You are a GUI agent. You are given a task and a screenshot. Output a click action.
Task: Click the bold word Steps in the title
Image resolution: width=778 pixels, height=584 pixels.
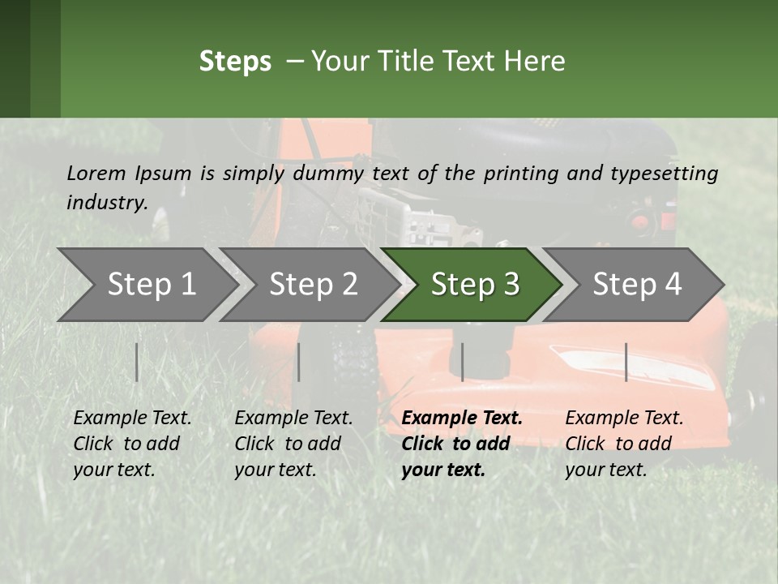pyautogui.click(x=235, y=62)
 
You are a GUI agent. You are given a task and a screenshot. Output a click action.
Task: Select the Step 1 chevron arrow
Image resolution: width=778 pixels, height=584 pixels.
pyautogui.click(x=147, y=285)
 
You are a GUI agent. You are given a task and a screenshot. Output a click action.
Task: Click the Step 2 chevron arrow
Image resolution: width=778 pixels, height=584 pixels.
pyautogui.click(x=309, y=285)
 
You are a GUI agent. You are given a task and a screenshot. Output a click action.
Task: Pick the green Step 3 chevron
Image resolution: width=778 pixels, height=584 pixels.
pyautogui.click(x=471, y=285)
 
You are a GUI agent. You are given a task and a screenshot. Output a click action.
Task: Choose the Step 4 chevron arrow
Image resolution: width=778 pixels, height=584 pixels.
pyautogui.click(x=633, y=285)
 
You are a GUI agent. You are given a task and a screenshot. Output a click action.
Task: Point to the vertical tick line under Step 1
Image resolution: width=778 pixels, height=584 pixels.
pyautogui.click(x=136, y=362)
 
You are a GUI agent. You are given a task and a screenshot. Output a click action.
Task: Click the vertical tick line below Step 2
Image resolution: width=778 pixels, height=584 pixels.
pyautogui.click(x=299, y=362)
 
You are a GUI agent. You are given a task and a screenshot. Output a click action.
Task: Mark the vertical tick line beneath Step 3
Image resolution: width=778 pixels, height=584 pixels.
pyautogui.click(x=463, y=362)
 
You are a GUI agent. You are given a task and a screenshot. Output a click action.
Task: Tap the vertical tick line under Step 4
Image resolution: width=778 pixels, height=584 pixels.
pyautogui.click(x=626, y=362)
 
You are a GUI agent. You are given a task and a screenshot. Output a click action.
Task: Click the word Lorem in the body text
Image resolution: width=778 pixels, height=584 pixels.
pyautogui.click(x=96, y=174)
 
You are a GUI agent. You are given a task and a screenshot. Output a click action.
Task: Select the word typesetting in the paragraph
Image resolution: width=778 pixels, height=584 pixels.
pyautogui.click(x=665, y=174)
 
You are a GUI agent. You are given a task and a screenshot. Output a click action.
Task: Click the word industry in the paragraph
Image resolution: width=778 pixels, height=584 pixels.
pyautogui.click(x=106, y=203)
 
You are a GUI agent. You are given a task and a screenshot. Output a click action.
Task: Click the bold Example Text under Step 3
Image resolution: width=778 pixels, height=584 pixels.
pyautogui.click(x=462, y=418)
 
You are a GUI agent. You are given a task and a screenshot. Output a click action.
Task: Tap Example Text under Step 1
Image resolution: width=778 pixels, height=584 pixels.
pyautogui.click(x=132, y=418)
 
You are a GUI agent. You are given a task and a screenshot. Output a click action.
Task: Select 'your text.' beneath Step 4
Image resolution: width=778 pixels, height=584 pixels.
pyautogui.click(x=606, y=470)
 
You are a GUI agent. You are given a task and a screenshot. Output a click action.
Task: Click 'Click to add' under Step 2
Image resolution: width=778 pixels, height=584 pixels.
pyautogui.click(x=288, y=444)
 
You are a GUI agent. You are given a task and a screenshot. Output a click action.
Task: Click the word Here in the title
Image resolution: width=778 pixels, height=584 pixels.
pyautogui.click(x=534, y=61)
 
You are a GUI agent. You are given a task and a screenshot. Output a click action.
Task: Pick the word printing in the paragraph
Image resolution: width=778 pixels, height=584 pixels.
pyautogui.click(x=521, y=174)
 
